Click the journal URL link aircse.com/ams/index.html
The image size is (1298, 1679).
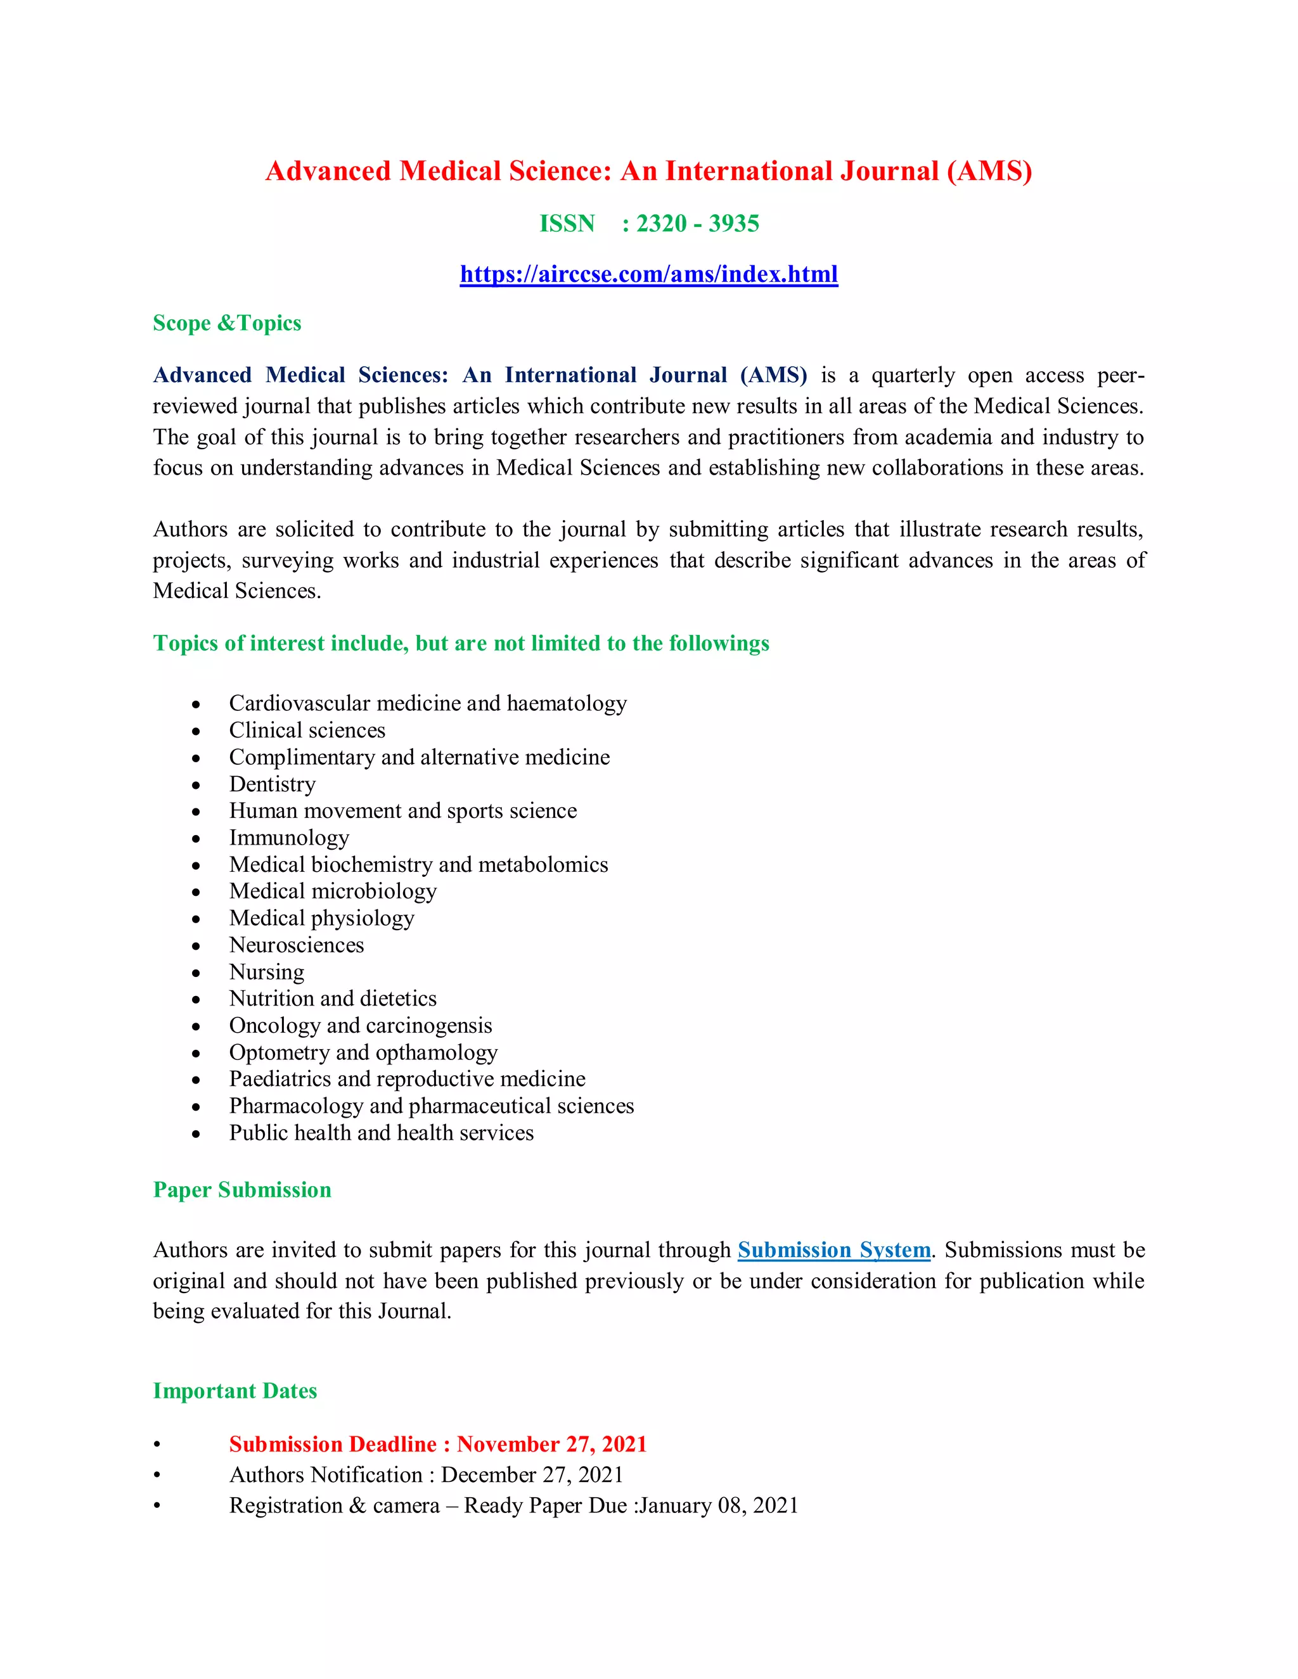pos(648,274)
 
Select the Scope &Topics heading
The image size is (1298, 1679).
pos(227,323)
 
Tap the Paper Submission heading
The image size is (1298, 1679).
pos(241,1190)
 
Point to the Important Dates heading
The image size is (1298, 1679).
pos(235,1391)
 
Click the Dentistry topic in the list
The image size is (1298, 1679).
pos(272,784)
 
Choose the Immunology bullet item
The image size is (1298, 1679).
pos(289,838)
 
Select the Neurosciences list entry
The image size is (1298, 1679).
pos(296,945)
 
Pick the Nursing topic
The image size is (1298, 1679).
pos(266,972)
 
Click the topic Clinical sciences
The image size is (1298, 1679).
pos(307,731)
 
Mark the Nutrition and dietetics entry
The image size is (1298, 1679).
pos(332,999)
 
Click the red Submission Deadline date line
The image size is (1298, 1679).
pos(437,1445)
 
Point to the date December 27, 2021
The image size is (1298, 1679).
pos(532,1475)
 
